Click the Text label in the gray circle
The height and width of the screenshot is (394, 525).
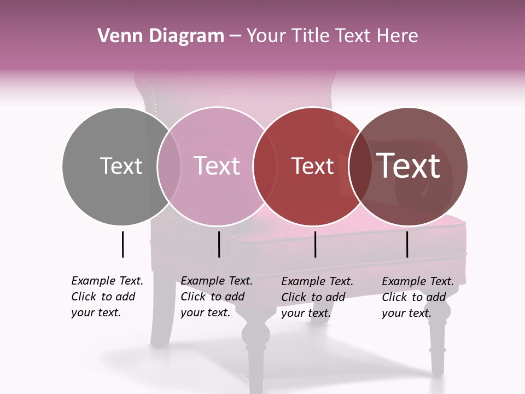point(121,166)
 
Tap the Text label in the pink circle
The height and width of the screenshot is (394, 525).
point(217,166)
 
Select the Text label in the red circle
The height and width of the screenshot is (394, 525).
point(312,166)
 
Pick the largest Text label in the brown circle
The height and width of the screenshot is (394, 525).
point(409,166)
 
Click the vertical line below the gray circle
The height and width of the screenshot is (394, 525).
point(122,244)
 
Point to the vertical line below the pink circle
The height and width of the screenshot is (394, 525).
point(219,244)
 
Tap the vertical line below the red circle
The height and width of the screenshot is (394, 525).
point(316,244)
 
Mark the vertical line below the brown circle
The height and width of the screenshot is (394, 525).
point(407,244)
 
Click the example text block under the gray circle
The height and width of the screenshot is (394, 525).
point(107,297)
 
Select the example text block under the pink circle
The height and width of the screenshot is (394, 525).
point(216,297)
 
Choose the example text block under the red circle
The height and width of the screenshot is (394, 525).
point(317,297)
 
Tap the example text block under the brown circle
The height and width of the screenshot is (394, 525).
point(417,297)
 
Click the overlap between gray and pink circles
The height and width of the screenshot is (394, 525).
point(169,166)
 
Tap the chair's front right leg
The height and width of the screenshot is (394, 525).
point(437,345)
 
